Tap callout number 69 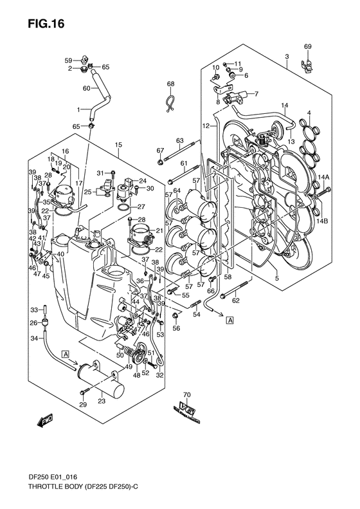[307, 46]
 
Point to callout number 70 [187, 394]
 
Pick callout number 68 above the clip [171, 84]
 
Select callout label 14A [322, 177]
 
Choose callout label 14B [322, 221]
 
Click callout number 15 [118, 146]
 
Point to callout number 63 [180, 140]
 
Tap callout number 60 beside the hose [86, 88]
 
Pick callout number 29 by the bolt [82, 404]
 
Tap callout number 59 [67, 60]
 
